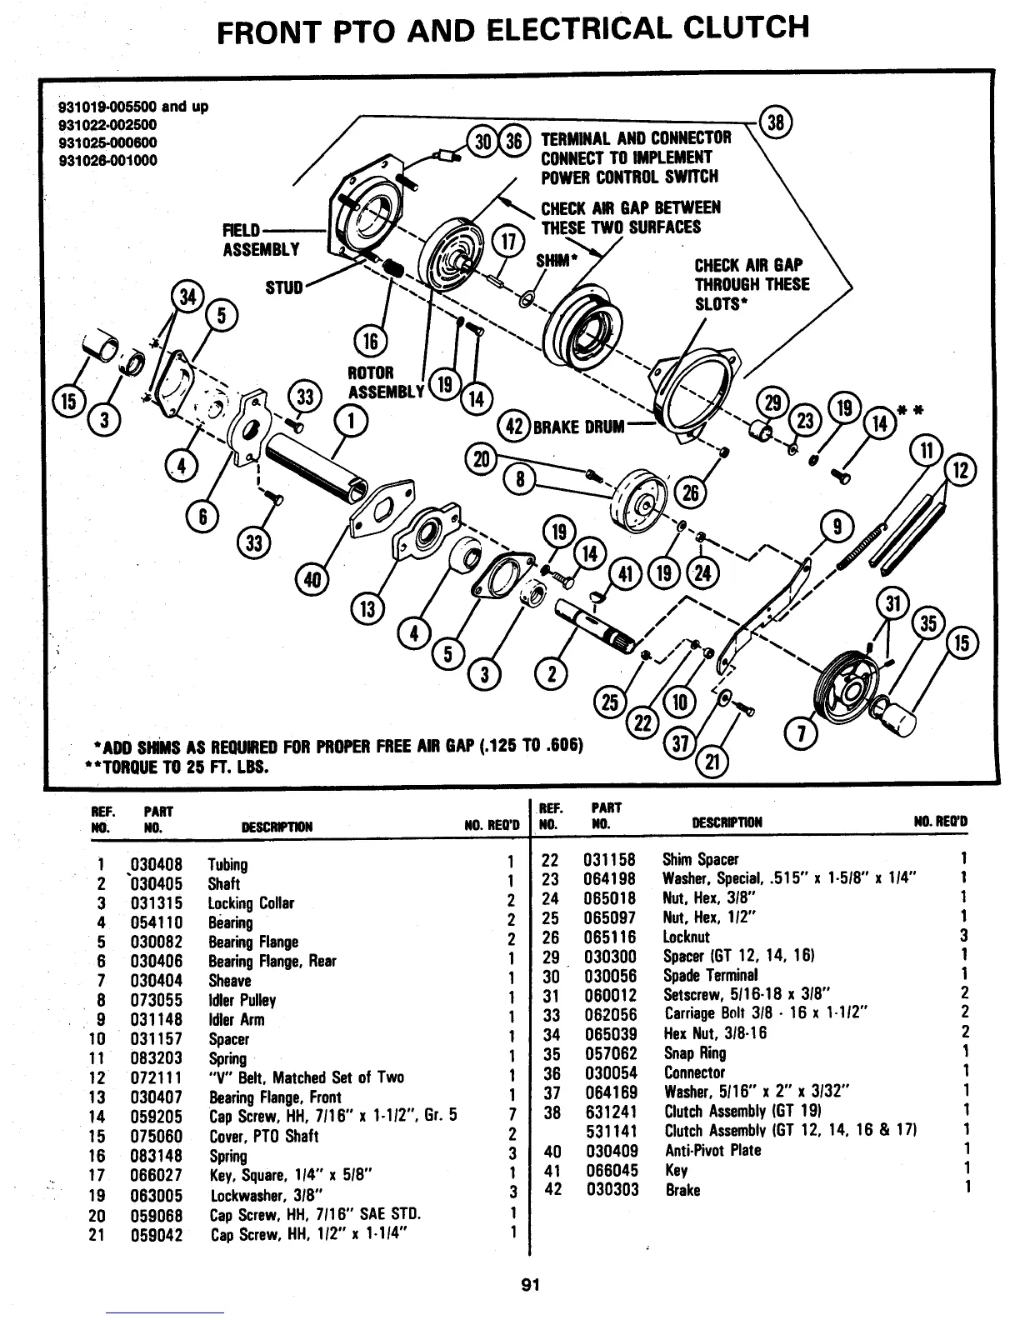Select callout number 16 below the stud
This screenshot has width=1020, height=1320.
click(x=367, y=342)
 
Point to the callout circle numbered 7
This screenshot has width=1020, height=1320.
click(x=802, y=733)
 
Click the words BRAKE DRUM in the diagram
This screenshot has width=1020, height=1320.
click(x=578, y=427)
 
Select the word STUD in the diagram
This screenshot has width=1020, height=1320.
click(x=284, y=288)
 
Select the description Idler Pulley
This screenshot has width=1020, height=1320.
click(x=242, y=1000)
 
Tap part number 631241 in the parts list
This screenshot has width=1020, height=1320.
click(x=611, y=1112)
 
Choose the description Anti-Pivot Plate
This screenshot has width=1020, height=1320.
click(x=712, y=1151)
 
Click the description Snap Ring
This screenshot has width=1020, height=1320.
click(x=694, y=1053)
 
